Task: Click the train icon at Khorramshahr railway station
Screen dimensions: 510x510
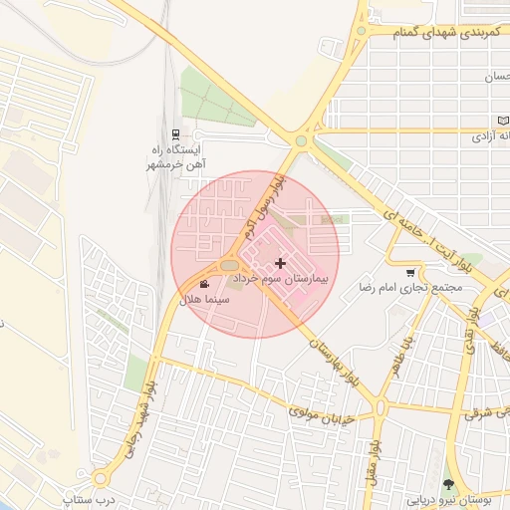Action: tap(176, 133)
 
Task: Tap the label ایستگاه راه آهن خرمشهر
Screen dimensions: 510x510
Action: tap(176, 156)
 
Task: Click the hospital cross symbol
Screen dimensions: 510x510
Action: tap(280, 263)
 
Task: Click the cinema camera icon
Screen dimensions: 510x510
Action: tap(204, 285)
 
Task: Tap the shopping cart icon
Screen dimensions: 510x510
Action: tap(410, 273)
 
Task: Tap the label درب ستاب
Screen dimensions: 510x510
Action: tap(84, 497)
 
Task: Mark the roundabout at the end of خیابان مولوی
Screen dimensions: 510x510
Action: tap(381, 406)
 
